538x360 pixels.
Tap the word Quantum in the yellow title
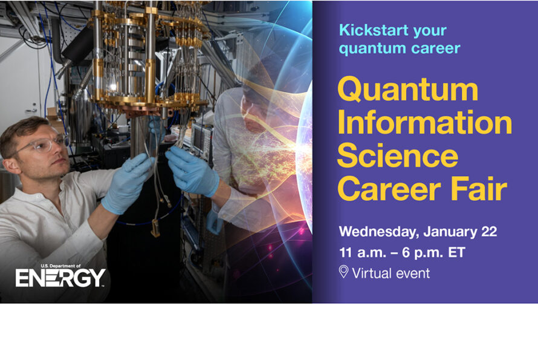click(x=407, y=90)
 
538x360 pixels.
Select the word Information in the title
click(x=425, y=122)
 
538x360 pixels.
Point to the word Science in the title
click(x=398, y=155)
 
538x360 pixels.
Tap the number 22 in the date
click(x=489, y=232)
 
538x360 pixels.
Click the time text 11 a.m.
click(x=362, y=252)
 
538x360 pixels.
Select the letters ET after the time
click(x=456, y=252)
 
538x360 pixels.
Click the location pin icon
click(x=343, y=272)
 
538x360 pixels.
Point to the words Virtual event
click(x=391, y=273)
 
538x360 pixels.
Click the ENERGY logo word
click(x=60, y=278)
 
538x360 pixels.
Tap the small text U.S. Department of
click(x=60, y=266)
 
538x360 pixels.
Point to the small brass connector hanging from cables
click(x=155, y=228)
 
